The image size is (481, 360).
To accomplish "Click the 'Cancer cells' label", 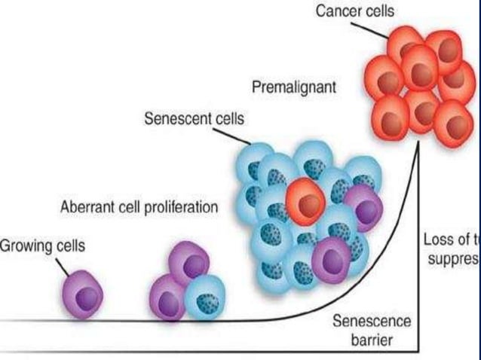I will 355,11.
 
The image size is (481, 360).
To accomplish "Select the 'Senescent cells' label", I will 195,119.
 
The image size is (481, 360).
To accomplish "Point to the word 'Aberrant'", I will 84,206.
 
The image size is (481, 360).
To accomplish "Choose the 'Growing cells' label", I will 42,245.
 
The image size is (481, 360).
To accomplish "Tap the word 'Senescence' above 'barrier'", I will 372,322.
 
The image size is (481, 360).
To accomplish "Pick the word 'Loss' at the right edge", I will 438,240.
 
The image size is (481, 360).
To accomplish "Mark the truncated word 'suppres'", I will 451,258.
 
